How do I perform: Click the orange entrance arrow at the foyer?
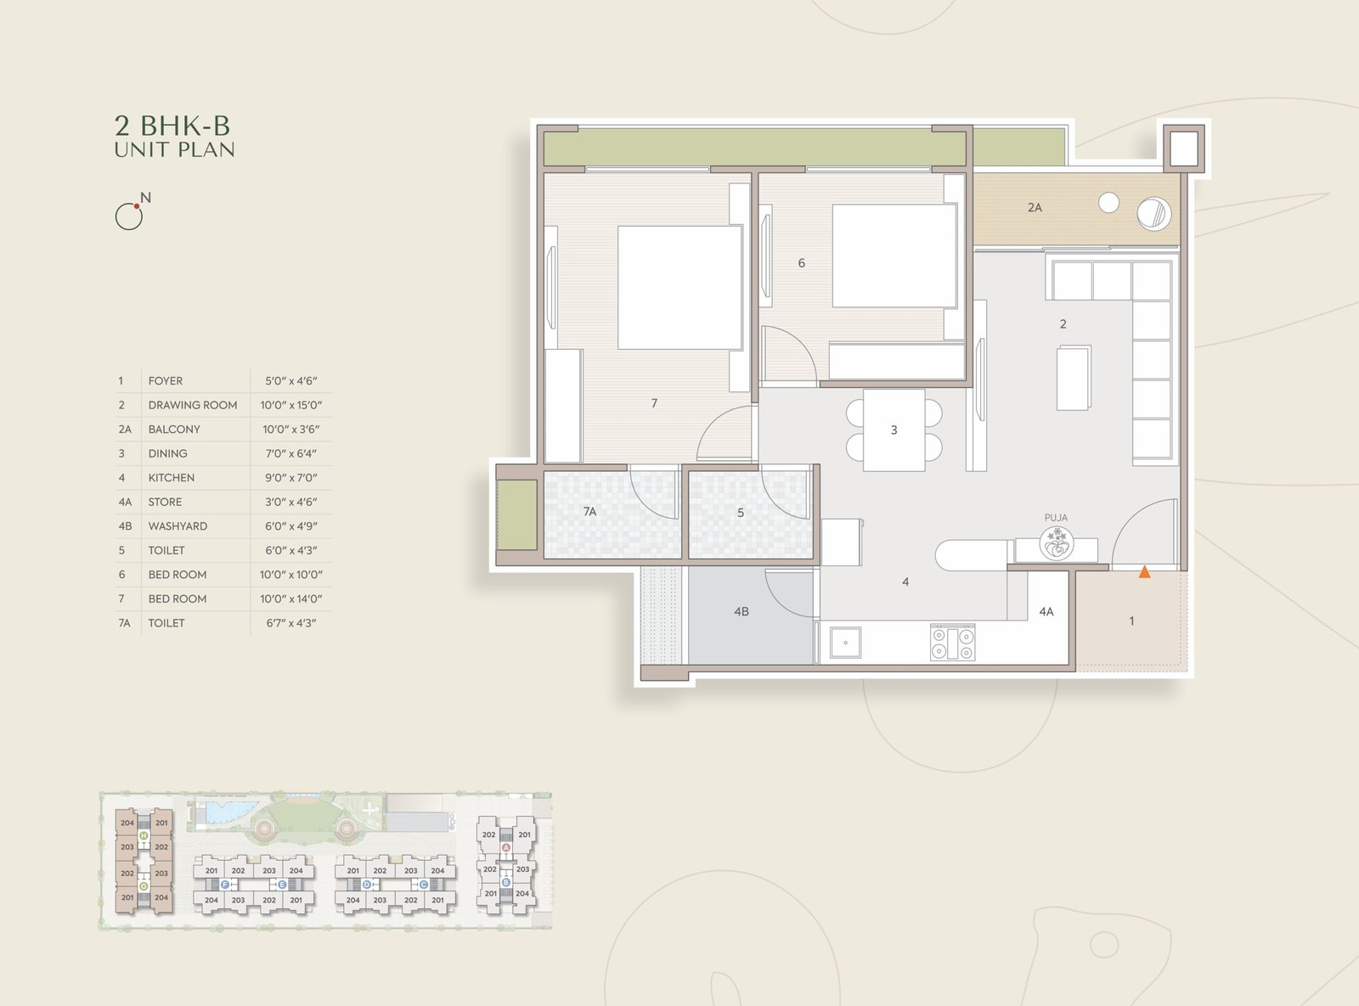1144,572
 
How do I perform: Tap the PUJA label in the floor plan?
1056,518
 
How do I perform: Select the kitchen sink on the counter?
845,642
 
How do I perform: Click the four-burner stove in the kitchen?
952,642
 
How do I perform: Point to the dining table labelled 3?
894,430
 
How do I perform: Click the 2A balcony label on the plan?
1035,208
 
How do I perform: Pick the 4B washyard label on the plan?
742,611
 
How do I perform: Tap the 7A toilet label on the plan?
589,511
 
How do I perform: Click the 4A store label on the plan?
1046,611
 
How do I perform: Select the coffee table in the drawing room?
1074,378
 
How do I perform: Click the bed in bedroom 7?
680,287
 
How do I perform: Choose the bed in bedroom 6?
894,256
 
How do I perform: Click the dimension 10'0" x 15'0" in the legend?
291,405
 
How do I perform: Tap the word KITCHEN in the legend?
171,478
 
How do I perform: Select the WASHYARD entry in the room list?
178,526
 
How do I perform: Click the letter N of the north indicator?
145,198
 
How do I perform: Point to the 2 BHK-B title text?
172,126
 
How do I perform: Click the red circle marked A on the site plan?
506,848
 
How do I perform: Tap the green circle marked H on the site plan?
144,835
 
